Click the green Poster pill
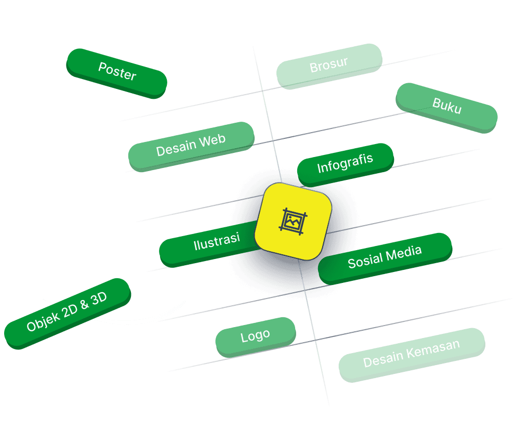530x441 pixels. [x=117, y=72]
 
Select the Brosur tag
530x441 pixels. [x=328, y=65]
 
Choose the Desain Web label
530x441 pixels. [x=191, y=145]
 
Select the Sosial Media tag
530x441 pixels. [x=385, y=257]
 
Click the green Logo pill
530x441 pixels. [x=255, y=336]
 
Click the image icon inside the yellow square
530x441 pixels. [x=293, y=220]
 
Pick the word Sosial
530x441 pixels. [x=365, y=261]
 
